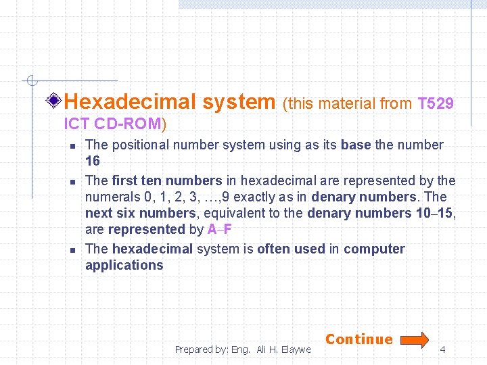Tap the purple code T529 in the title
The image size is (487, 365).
point(436,104)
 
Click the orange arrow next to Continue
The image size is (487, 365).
point(412,339)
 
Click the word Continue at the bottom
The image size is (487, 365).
point(359,339)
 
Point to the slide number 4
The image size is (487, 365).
point(442,349)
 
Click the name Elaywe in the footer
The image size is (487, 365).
point(295,349)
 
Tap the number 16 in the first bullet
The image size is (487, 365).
point(93,161)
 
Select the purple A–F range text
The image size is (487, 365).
point(220,230)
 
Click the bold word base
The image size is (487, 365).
point(356,145)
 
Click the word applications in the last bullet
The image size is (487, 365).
point(124,265)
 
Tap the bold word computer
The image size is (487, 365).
point(374,249)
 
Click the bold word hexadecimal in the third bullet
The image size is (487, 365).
point(152,249)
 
